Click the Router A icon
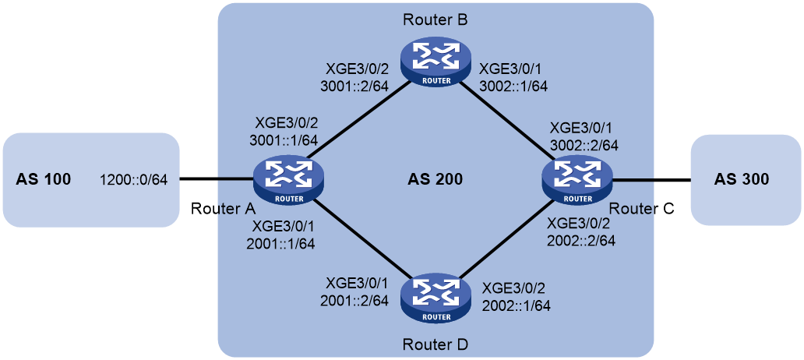[290, 179]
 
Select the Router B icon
[436, 59]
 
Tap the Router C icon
[577, 180]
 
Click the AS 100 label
[43, 179]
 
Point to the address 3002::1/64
[513, 86]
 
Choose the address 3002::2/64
[583, 145]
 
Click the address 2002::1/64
[517, 305]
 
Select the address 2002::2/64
[581, 239]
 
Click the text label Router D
[436, 344]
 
